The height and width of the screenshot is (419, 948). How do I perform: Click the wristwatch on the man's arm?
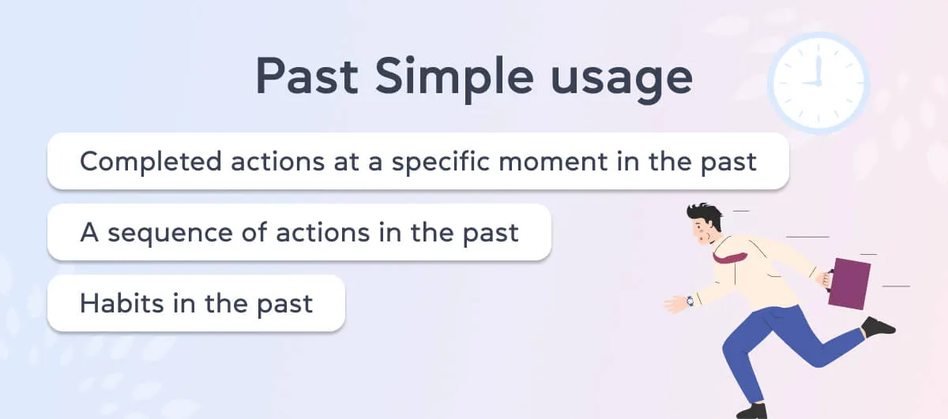[690, 301]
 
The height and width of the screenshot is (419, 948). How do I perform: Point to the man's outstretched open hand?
[675, 304]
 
